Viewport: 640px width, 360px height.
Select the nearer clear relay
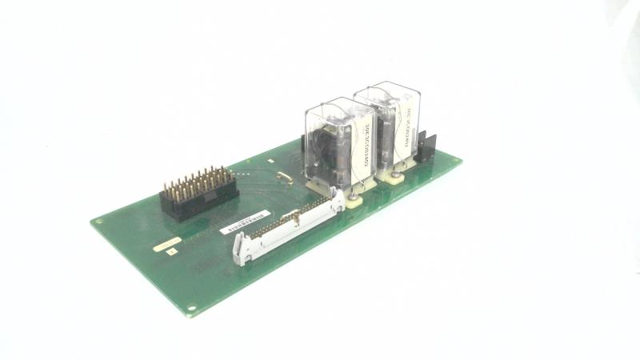[335, 144]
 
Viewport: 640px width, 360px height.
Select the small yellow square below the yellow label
[170, 250]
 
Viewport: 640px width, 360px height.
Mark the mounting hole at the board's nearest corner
[192, 304]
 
